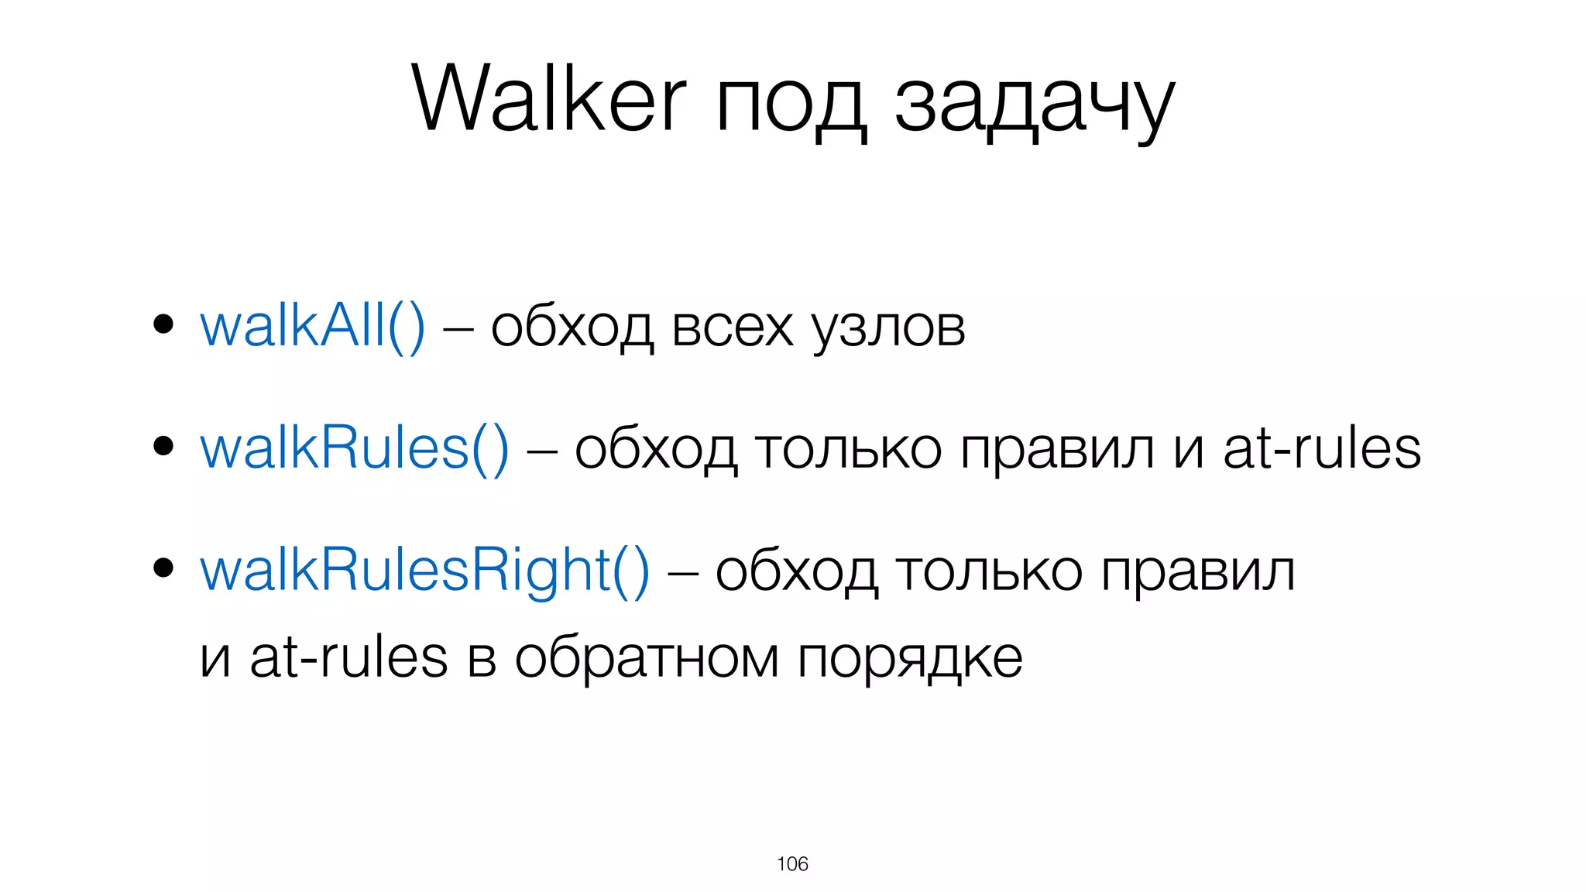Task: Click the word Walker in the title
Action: point(548,99)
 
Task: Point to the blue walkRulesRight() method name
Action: point(424,571)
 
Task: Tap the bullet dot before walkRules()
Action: point(163,446)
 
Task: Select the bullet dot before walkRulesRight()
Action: point(163,568)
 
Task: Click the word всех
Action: point(733,328)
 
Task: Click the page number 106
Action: point(792,864)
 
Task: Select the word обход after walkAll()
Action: point(572,328)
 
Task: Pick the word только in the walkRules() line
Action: point(848,450)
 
